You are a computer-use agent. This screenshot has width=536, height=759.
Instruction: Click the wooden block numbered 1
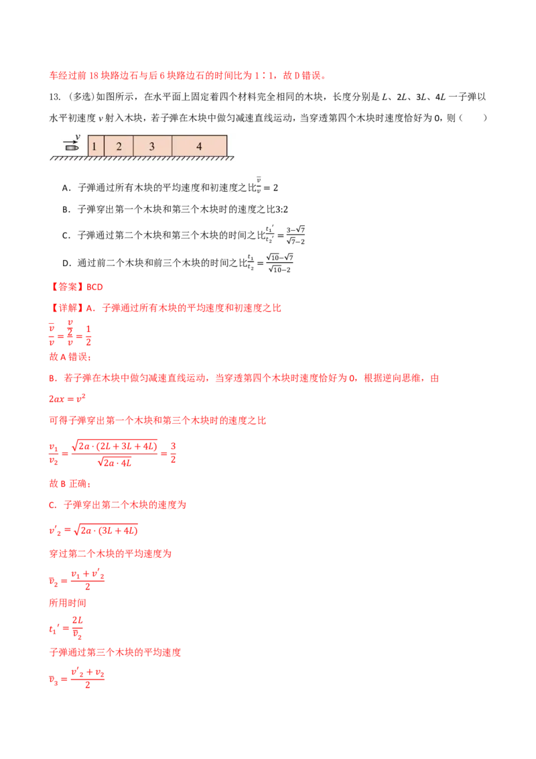pyautogui.click(x=96, y=146)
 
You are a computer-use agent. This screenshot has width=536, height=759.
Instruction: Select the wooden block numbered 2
pyautogui.click(x=119, y=146)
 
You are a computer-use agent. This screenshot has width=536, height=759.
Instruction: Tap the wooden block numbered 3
pyautogui.click(x=152, y=146)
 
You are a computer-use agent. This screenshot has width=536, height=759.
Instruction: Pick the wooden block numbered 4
pyautogui.click(x=199, y=146)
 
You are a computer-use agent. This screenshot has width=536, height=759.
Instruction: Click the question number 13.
pyautogui.click(x=55, y=97)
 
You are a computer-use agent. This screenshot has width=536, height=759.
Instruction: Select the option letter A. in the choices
pyautogui.click(x=67, y=188)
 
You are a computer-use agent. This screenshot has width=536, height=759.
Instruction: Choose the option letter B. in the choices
pyautogui.click(x=67, y=210)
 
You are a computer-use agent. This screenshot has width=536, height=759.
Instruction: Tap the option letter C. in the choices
pyautogui.click(x=67, y=236)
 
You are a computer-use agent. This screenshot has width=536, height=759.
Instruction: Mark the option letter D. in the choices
pyautogui.click(x=67, y=264)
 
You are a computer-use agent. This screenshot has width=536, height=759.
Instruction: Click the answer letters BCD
pyautogui.click(x=95, y=287)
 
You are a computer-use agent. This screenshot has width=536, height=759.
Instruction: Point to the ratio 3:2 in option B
pyautogui.click(x=281, y=210)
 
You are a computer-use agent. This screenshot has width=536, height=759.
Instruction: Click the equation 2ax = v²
pyautogui.click(x=67, y=398)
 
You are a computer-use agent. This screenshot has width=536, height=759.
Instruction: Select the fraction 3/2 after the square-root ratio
pyautogui.click(x=173, y=452)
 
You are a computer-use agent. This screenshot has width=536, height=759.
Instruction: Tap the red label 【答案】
pyautogui.click(x=67, y=287)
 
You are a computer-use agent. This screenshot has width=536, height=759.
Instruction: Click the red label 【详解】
pyautogui.click(x=67, y=308)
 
